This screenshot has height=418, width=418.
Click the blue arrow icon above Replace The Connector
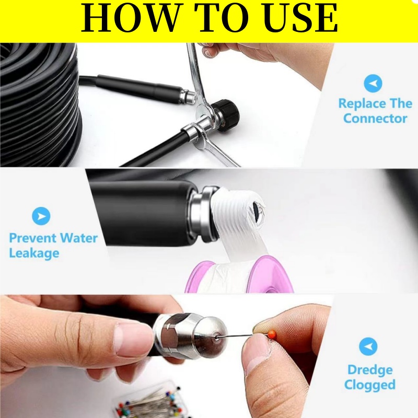pos(373,84)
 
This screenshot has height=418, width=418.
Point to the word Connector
pos(375,119)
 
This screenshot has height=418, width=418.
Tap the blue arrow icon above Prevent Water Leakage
pos(41,216)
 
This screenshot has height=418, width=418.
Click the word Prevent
pos(32,238)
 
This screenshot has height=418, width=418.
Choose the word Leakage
pos(34,253)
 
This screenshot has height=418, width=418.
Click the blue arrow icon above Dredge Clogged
pos(368,346)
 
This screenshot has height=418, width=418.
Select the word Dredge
pos(370,370)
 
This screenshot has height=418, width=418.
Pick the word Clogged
pos(370,385)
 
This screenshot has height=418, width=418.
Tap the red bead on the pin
pos(272,333)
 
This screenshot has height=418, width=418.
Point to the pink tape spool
pos(239,275)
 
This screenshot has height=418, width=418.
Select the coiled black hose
pos(40,104)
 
